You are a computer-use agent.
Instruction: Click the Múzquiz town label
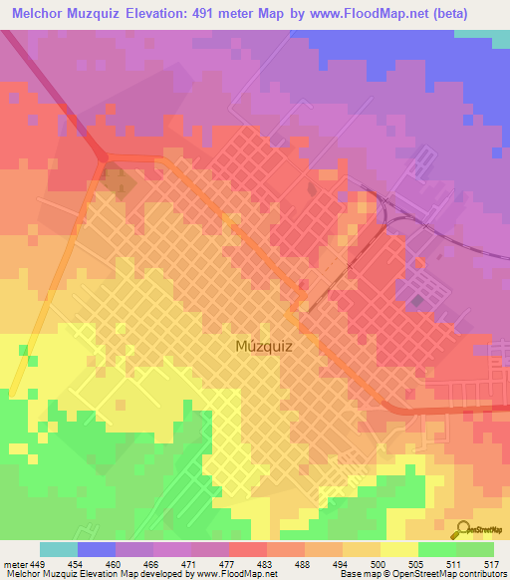264,347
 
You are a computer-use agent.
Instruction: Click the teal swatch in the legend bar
59,550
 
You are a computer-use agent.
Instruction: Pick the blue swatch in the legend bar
97,550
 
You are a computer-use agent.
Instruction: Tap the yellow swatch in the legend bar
398,550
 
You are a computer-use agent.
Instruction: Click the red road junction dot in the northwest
103,155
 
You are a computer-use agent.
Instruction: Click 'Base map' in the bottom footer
356,574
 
